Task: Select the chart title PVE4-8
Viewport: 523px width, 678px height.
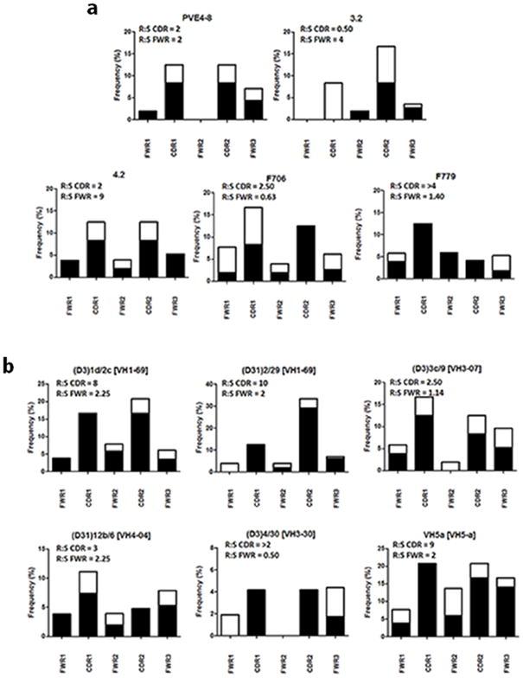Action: coord(198,25)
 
